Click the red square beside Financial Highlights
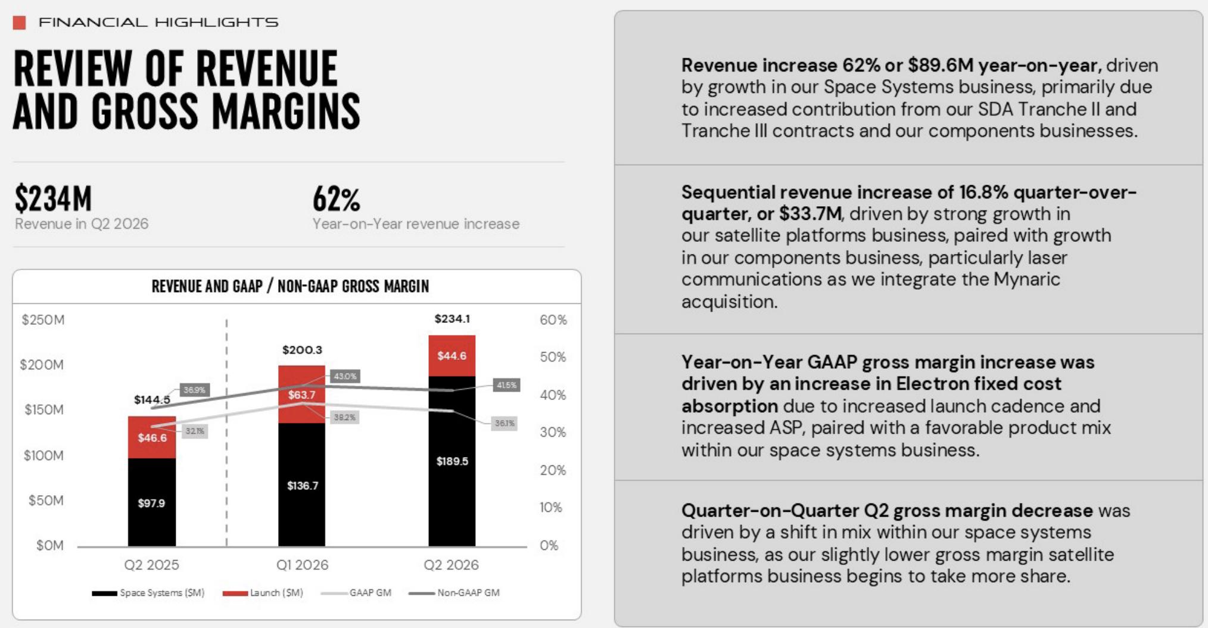click(19, 23)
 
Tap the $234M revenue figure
click(53, 198)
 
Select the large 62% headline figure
click(337, 199)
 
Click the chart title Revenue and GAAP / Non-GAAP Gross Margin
click(290, 287)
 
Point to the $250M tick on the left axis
click(43, 320)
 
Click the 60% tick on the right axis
click(553, 320)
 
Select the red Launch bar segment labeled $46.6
click(152, 437)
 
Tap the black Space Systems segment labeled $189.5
click(452, 461)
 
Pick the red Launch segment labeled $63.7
click(302, 394)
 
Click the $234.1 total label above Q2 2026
click(452, 319)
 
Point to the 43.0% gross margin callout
click(345, 376)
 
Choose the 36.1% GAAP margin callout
click(504, 423)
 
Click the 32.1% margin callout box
click(195, 431)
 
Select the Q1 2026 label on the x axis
click(302, 565)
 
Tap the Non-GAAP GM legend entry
click(454, 593)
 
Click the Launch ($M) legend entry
click(263, 593)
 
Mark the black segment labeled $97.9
click(152, 502)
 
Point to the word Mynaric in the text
click(1027, 279)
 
